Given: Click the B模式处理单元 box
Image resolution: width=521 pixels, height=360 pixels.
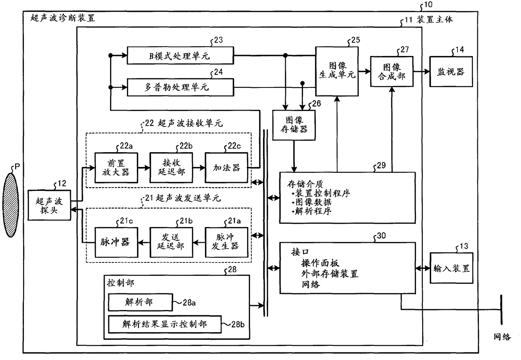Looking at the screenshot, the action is [180, 56].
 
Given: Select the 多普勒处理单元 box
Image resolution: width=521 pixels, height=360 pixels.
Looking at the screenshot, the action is [180, 87].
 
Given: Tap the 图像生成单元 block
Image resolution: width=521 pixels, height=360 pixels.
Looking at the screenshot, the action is [337, 71].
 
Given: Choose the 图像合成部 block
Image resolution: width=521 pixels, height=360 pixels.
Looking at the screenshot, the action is [392, 71].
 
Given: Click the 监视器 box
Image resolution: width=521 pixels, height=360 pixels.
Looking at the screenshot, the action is [451, 71].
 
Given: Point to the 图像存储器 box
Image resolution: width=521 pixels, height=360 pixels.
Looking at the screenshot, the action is [294, 125].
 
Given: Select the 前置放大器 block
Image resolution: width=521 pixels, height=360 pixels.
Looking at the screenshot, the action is [116, 168].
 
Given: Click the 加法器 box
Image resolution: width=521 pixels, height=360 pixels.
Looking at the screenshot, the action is [226, 168].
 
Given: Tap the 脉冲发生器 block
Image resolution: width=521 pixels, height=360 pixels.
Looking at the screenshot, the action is [226, 242].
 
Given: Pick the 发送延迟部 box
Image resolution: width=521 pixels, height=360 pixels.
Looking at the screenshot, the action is [171, 242].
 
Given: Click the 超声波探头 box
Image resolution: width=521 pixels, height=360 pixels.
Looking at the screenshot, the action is [49, 205].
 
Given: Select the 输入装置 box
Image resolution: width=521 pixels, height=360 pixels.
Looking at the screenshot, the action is [451, 268].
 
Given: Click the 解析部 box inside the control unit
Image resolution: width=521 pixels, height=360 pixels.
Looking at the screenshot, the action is [140, 302].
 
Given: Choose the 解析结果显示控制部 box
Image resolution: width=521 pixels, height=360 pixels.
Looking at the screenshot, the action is [165, 324].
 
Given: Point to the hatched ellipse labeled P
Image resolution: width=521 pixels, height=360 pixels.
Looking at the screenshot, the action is [11, 205].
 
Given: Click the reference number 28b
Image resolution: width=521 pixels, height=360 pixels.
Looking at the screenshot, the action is [238, 324].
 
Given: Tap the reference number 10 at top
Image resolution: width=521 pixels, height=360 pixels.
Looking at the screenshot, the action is [428, 5].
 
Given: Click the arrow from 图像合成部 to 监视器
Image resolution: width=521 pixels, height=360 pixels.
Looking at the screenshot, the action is [421, 71].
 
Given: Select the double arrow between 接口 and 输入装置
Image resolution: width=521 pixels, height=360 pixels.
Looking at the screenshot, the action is [423, 268].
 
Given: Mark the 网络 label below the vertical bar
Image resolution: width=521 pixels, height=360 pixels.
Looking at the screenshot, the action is [503, 337].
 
